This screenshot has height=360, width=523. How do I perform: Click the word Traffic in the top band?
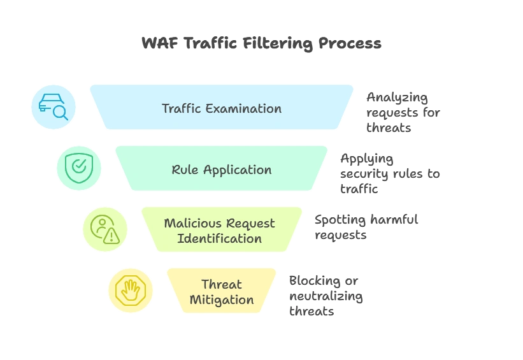pyautogui.click(x=182, y=108)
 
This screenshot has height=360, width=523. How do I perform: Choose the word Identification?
pyautogui.click(x=219, y=239)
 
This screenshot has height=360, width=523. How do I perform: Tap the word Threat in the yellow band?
pyautogui.click(x=222, y=284)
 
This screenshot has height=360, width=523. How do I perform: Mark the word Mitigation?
pyautogui.click(x=222, y=299)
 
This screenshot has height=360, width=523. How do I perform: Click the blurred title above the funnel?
pyautogui.click(x=260, y=44)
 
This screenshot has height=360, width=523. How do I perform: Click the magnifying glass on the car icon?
pyautogui.click(x=61, y=113)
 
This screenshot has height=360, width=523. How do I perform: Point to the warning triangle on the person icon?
pyautogui.click(x=112, y=236)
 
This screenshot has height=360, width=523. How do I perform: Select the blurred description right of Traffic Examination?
pyautogui.click(x=401, y=112)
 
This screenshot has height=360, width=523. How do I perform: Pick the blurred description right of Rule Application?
pyautogui.click(x=389, y=173)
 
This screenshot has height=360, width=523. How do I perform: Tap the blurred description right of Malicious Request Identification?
pyautogui.click(x=366, y=226)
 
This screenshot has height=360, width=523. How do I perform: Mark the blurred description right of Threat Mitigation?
pyautogui.click(x=325, y=295)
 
